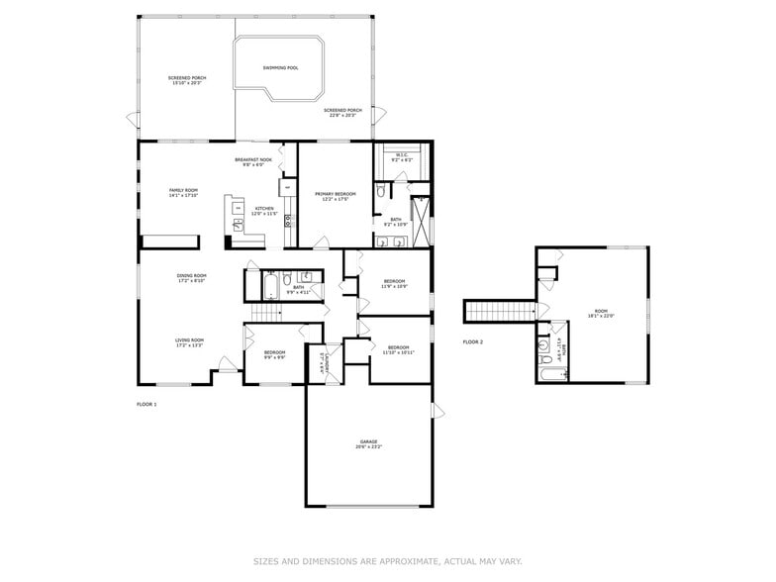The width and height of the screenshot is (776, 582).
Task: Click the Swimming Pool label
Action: point(280,68)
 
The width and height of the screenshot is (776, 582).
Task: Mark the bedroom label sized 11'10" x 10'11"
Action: point(399,347)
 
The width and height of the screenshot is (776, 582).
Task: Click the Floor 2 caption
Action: point(472,341)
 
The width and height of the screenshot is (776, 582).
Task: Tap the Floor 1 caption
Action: point(146,404)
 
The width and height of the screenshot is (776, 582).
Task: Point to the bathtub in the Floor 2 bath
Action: point(550,373)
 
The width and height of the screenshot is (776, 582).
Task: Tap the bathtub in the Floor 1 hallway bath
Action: point(265,288)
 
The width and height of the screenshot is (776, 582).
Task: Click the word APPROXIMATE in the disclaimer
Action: point(404,561)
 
